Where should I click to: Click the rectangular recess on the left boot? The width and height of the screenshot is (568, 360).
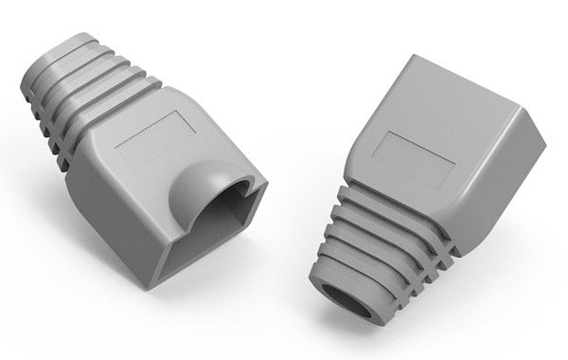click(156, 139)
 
